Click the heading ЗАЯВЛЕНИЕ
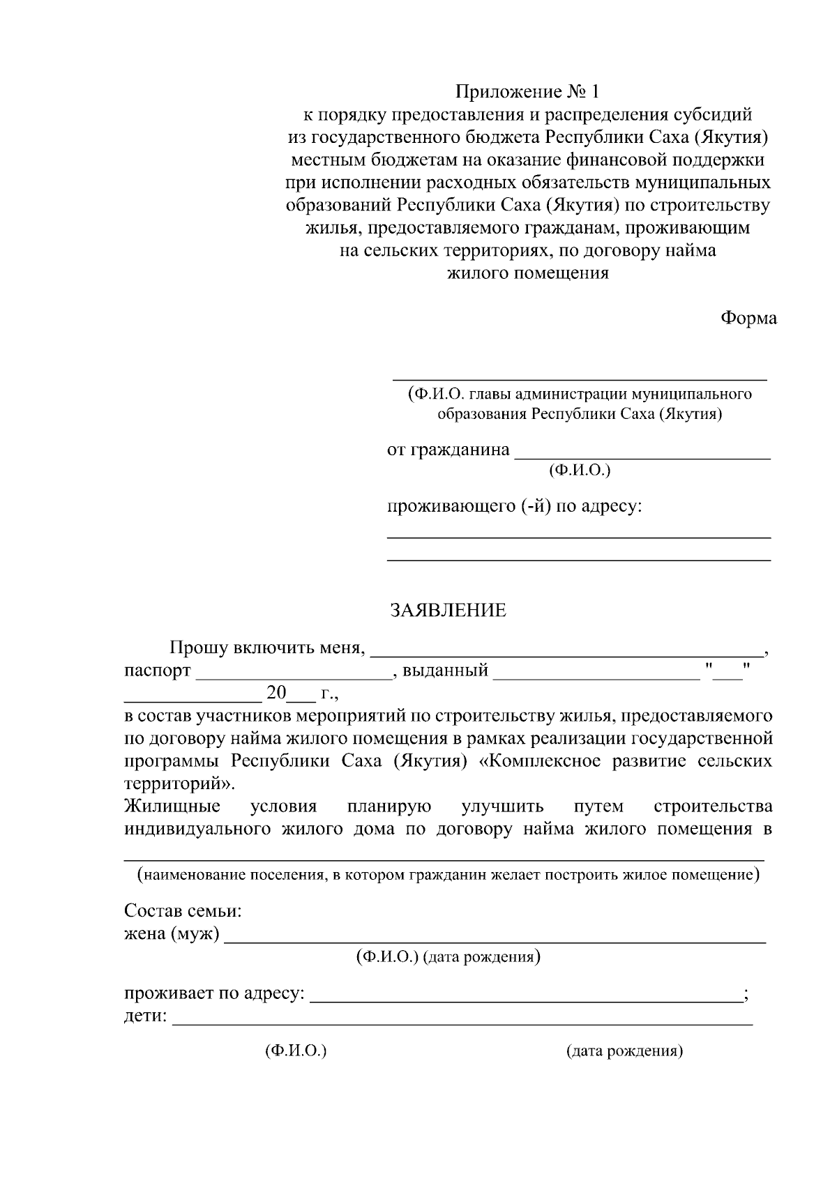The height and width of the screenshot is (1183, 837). [x=447, y=611]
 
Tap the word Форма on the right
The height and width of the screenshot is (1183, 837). [x=748, y=318]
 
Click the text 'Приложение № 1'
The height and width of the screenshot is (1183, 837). [x=527, y=92]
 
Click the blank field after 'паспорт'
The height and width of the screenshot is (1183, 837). [x=293, y=673]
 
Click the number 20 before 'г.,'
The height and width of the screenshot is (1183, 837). [x=276, y=693]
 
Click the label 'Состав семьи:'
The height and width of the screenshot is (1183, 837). [x=183, y=911]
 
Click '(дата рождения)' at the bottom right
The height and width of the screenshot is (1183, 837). [x=624, y=1051]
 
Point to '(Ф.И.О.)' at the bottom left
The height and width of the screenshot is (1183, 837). [x=296, y=1051]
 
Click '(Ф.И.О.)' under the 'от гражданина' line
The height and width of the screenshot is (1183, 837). [x=580, y=471]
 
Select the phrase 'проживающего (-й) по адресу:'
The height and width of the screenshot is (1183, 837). [x=514, y=506]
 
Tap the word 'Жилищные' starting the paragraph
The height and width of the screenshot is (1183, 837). [x=172, y=807]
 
